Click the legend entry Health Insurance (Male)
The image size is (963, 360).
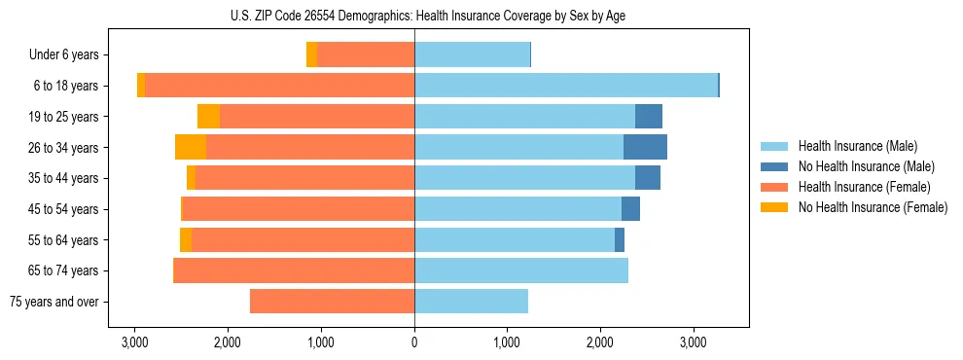coord(856,146)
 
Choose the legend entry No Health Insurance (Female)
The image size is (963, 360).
coord(873,207)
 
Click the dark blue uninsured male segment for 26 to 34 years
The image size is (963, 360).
coord(645,147)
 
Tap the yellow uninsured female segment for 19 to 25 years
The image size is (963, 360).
coord(208,117)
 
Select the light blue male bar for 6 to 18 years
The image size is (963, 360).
coord(566,86)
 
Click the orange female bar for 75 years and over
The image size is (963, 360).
coord(332,302)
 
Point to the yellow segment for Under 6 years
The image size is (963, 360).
coord(311,54)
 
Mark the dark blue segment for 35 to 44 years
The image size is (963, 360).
coord(648,178)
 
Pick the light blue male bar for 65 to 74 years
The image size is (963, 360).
coord(521,270)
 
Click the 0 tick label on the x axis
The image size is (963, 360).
coord(414,343)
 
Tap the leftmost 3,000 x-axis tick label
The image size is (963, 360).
coord(134,343)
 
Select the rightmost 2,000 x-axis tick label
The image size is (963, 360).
coord(600,343)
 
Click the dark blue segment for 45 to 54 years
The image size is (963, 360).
coord(630,209)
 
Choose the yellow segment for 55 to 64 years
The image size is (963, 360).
coord(186,239)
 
